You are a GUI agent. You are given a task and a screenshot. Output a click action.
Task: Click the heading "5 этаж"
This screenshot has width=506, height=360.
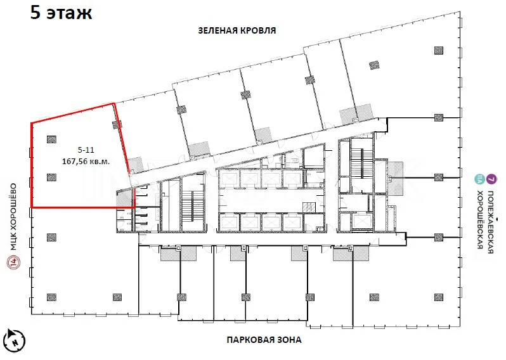61,12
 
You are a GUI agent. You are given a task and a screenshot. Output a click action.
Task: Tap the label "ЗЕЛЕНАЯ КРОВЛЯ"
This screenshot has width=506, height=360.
237,30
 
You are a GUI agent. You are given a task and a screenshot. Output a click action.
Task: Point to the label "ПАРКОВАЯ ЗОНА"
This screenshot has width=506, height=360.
264,340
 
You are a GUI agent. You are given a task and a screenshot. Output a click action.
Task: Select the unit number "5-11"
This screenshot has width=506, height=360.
86,150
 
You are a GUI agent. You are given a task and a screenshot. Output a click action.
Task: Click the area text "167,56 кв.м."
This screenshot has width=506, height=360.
86,161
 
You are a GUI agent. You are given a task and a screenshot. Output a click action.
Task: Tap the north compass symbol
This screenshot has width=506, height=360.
15,340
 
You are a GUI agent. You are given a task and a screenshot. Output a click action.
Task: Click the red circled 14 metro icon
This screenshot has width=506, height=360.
13,262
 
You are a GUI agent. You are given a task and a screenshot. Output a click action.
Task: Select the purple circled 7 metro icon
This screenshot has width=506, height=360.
491,179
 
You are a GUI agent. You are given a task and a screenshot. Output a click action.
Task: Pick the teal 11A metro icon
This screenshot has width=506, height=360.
479,179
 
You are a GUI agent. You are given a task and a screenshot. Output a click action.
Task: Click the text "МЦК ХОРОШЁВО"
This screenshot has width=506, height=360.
13,217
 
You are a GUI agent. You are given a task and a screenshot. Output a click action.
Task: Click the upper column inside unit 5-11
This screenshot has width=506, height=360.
51,139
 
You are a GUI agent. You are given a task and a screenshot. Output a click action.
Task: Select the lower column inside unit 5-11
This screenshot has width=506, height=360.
51,177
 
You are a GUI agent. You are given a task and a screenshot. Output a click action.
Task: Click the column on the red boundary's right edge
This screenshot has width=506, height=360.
117,125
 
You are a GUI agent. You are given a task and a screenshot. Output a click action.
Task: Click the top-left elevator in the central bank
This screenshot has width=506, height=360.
230,177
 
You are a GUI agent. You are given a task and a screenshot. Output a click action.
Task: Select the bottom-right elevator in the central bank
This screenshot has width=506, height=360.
293,222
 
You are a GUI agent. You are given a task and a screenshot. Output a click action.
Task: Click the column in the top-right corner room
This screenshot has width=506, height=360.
438,50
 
